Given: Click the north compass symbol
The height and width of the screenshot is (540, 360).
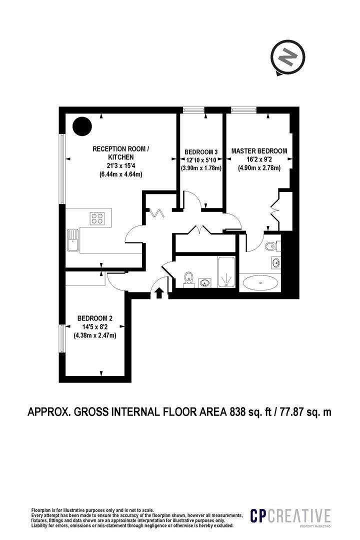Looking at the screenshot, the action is pos(287,57).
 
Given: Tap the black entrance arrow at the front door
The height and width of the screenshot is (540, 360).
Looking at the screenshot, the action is pos(159,293).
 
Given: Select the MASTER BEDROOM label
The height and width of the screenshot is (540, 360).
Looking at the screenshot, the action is pos(259,151).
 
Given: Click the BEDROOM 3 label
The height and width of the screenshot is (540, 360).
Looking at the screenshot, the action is pos(201,152).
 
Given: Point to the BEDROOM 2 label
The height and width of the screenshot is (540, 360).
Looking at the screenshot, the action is pos(94,318).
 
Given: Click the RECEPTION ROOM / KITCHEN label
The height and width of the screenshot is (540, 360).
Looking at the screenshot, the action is pos(120,153).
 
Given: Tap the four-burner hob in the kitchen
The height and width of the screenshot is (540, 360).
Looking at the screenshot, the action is pos(97,218).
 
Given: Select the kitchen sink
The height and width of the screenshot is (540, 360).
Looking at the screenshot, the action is pos(73,240).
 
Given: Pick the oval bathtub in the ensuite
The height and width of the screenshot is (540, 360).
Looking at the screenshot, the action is pos(260,283).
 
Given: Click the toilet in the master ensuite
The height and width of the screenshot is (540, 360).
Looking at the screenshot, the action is pos(272,246).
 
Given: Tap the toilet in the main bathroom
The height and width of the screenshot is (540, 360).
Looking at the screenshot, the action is pos(188,279).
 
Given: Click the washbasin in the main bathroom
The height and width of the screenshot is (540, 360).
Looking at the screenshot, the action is pos(205,282).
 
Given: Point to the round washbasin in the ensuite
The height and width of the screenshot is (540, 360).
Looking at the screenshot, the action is pos(276,263).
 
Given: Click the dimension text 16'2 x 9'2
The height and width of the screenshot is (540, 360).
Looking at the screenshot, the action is pos(259,159).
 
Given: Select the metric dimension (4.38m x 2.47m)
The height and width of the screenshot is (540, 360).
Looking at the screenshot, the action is pos(94,335).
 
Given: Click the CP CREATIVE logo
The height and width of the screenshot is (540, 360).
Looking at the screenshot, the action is pos(290,516).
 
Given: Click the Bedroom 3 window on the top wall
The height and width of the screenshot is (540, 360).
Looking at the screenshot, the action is pos(193,110).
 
